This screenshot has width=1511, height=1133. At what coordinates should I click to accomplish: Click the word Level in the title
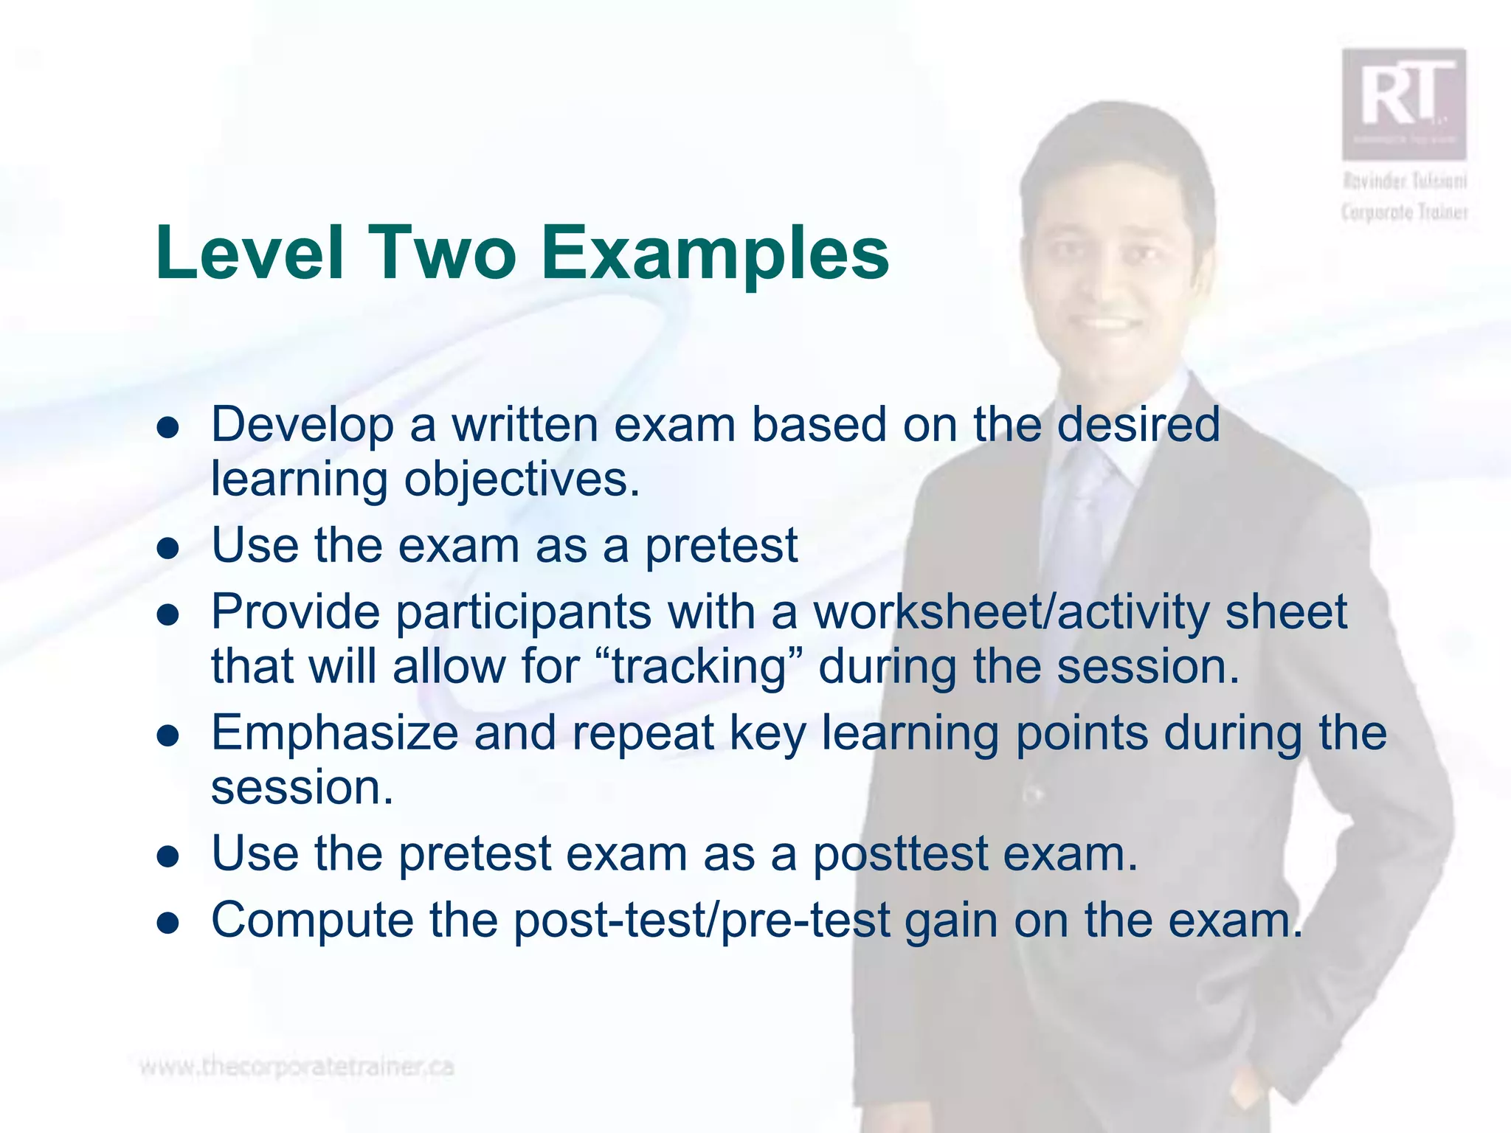click(250, 253)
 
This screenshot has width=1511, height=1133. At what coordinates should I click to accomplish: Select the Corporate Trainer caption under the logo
click(1404, 212)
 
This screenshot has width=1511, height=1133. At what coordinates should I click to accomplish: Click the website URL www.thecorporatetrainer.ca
click(297, 1067)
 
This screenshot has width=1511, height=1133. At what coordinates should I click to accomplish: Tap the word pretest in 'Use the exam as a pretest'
click(721, 547)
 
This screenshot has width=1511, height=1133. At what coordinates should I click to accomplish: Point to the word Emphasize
click(334, 733)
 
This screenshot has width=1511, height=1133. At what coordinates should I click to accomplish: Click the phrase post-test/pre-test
click(702, 921)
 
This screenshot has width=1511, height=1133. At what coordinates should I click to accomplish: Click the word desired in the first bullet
click(1139, 425)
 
